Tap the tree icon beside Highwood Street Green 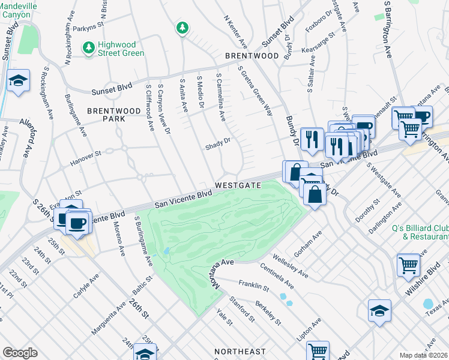coord(88,47)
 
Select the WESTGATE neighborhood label coord(238,185)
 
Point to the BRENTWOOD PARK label coord(106,115)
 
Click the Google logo coord(20,353)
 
